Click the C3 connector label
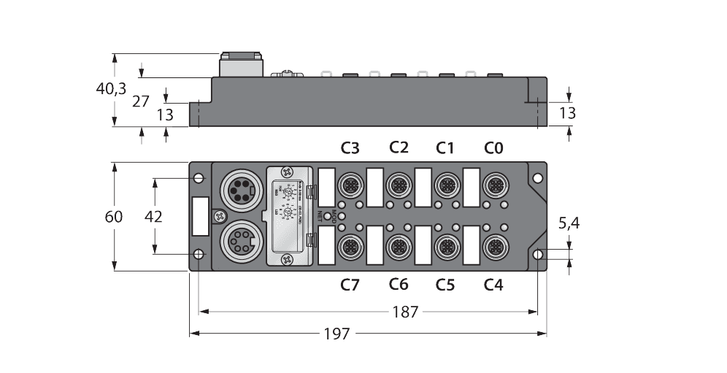coord(350,149)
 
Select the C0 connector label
coord(493,149)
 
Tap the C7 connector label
coord(350,285)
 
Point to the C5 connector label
coord(445,285)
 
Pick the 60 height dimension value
coord(114,216)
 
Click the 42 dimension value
coord(153,216)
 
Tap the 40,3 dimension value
coord(111,89)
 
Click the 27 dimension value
coord(141,101)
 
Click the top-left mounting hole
coord(199,177)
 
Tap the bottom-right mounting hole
coord(538,254)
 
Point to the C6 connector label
coord(399,285)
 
